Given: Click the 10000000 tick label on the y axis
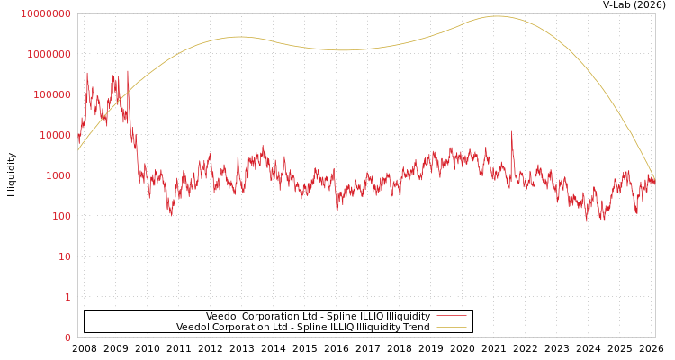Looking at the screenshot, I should (45, 13).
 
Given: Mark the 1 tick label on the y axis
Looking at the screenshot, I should (67, 297).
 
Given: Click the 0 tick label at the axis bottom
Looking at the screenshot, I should (67, 337).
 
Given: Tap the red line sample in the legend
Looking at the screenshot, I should (451, 316).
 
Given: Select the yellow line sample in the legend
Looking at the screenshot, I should (451, 328).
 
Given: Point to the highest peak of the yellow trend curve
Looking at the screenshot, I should (497, 16).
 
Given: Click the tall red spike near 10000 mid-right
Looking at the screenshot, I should (512, 132).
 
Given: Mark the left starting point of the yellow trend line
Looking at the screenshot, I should (78, 150).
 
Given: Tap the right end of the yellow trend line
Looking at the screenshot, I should (654, 178).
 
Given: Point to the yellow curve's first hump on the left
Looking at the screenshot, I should (239, 37).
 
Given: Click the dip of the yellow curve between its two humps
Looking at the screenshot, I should (344, 50).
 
